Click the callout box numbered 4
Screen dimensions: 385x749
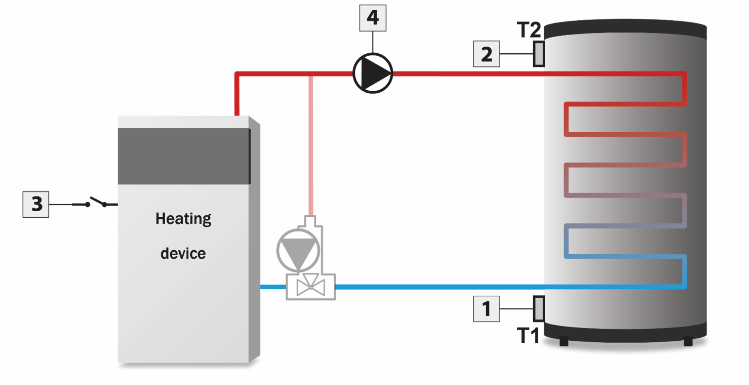point(373,18)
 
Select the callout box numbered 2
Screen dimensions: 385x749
point(486,54)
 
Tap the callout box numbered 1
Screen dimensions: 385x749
point(486,309)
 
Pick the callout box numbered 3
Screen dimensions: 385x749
point(36,204)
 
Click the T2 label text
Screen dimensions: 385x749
point(529,30)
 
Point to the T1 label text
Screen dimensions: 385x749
point(528,335)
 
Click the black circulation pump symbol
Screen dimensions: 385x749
point(373,73)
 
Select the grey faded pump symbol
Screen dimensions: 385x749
point(298,250)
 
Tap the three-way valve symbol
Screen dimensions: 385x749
point(311,287)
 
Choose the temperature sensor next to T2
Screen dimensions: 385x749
point(539,54)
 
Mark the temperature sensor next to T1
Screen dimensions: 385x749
point(539,309)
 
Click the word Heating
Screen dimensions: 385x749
point(183,218)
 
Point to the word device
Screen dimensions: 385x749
point(183,254)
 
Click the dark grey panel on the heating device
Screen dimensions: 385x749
point(184,156)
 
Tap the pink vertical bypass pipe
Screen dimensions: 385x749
point(311,146)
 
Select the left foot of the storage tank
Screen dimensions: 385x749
point(564,341)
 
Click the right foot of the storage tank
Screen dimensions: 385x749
point(688,341)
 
